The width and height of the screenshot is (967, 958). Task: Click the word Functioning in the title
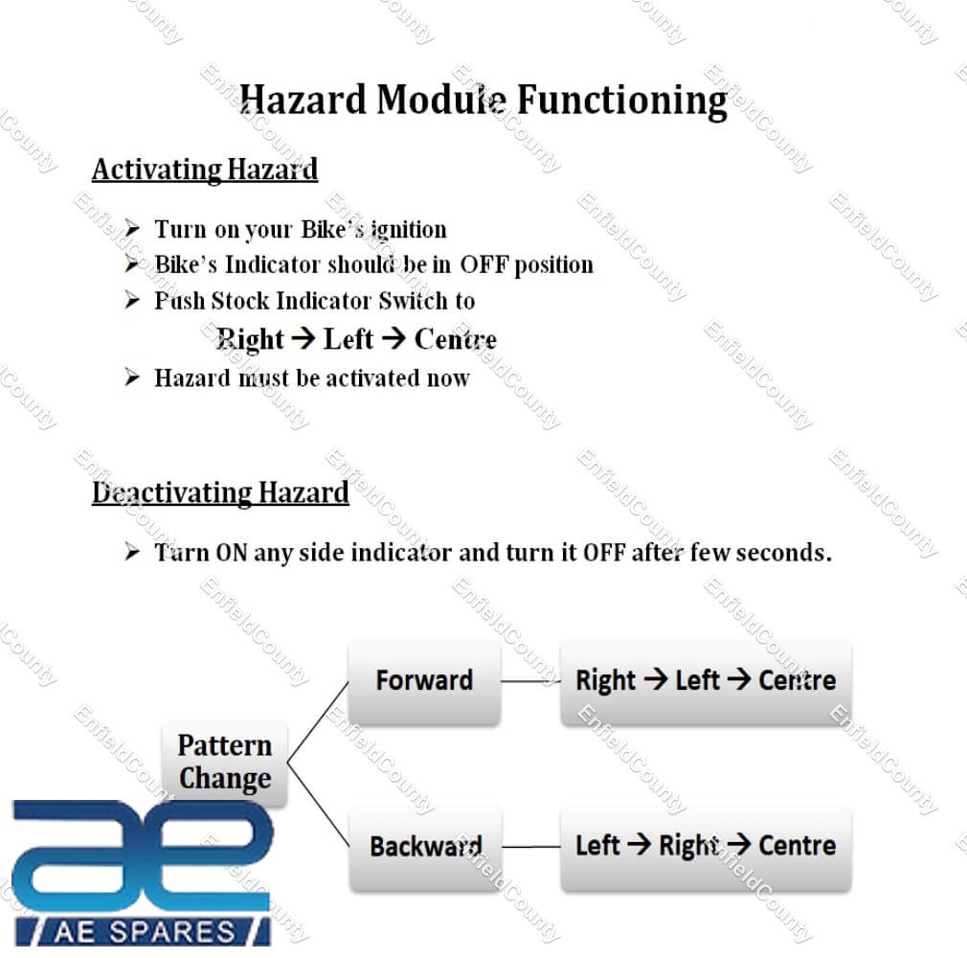(x=621, y=101)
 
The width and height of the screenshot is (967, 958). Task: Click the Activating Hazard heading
(x=205, y=170)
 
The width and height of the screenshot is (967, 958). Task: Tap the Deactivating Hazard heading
(x=220, y=493)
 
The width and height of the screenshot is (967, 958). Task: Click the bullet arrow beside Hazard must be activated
(x=132, y=376)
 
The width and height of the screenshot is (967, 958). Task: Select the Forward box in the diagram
(x=424, y=681)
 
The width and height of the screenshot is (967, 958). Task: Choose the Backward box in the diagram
(x=425, y=847)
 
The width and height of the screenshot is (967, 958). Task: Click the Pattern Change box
(x=224, y=763)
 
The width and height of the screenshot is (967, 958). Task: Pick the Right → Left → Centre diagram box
(x=706, y=681)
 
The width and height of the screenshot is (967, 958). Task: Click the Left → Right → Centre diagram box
(x=706, y=847)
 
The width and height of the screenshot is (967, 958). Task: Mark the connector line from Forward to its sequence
(x=530, y=681)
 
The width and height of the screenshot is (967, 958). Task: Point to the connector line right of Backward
(x=531, y=847)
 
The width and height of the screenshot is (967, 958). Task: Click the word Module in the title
(x=441, y=100)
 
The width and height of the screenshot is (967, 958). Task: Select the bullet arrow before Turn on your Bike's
(x=132, y=228)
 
